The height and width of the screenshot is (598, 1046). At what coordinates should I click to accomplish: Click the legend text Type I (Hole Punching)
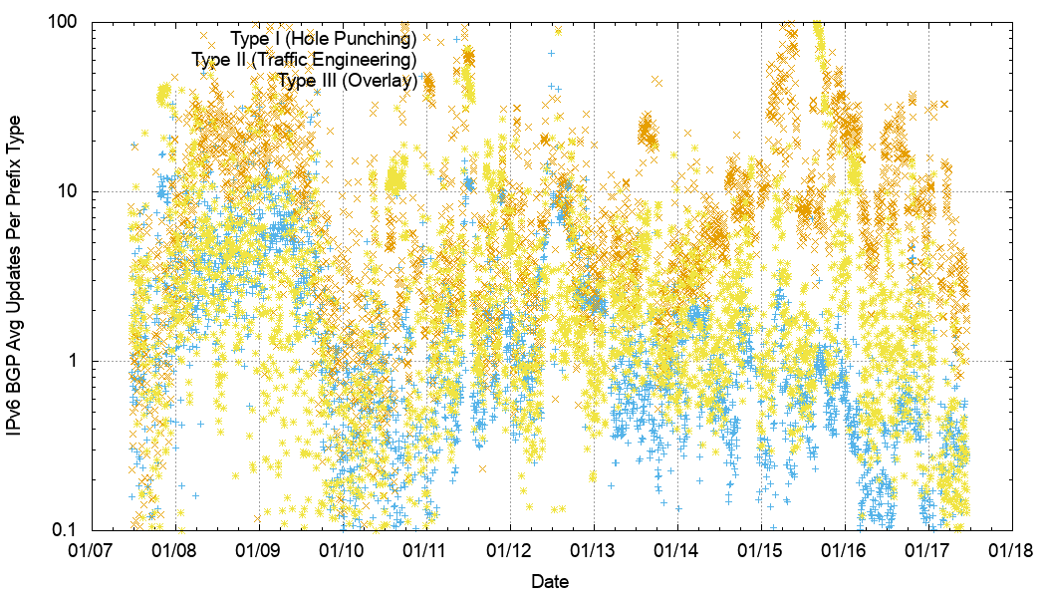pyautogui.click(x=323, y=39)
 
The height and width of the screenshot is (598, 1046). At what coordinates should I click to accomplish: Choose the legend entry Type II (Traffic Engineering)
pyautogui.click(x=304, y=60)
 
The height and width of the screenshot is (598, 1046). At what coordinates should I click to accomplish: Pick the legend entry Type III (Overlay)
pyautogui.click(x=347, y=81)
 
